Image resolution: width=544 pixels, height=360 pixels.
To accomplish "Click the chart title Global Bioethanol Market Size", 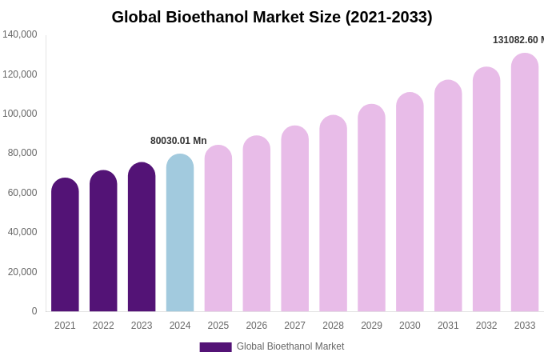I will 272,17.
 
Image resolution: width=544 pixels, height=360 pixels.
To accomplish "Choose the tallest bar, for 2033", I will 525,183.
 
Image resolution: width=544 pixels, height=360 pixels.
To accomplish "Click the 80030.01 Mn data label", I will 178,141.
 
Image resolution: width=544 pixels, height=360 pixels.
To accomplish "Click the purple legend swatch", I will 215,347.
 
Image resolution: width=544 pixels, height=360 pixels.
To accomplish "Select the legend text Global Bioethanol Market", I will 290,346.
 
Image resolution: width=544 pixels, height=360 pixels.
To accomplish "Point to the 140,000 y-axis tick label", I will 20,34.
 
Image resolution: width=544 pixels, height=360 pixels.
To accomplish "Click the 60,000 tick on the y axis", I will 22,193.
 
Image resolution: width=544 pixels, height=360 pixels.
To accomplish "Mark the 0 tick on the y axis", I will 34,311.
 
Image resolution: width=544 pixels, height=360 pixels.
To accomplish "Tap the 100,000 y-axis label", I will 20,114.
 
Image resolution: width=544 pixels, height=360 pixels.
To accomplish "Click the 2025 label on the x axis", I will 218,326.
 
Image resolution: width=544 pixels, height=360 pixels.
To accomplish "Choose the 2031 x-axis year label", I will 448,326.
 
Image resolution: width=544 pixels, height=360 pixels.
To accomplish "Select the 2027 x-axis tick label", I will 295,326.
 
